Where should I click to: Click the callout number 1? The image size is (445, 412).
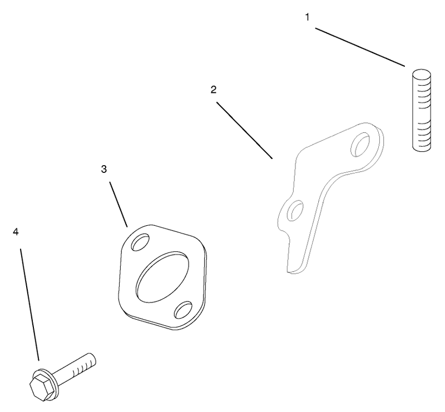[307, 18]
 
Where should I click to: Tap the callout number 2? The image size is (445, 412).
[214, 90]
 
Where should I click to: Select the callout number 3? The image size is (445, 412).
[104, 169]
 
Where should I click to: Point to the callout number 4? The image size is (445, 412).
[16, 232]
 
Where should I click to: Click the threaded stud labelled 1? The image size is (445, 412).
[422, 110]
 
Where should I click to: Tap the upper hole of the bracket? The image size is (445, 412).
[360, 144]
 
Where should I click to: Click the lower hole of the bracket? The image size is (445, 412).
[295, 210]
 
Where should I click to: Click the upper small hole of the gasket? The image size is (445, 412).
[140, 242]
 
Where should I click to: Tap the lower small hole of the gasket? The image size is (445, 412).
[184, 310]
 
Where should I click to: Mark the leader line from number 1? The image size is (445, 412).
[360, 47]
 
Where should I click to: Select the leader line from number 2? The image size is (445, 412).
[245, 130]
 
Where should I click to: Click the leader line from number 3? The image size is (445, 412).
[118, 204]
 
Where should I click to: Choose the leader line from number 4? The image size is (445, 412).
[29, 305]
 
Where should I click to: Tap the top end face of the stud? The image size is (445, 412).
[422, 73]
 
